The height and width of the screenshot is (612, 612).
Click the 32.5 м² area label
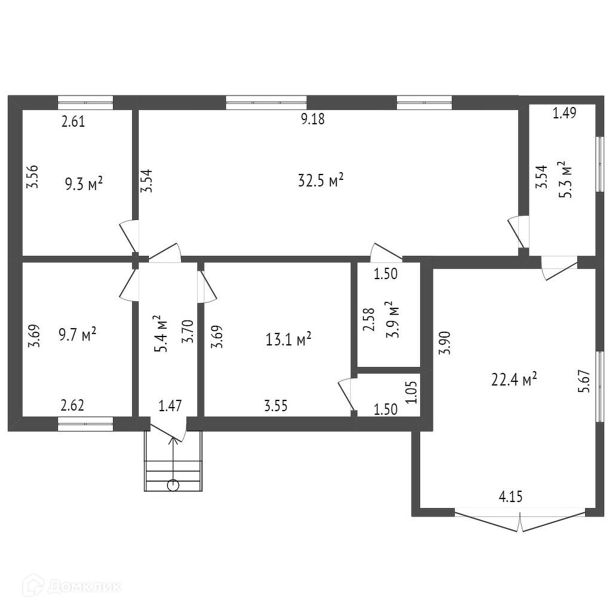(320, 180)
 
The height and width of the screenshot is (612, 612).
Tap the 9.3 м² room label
(84, 183)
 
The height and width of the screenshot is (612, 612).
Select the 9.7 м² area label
(77, 335)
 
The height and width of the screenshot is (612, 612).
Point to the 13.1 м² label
(289, 339)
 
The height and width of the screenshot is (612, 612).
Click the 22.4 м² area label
(514, 379)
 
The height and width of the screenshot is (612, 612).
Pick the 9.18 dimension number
(313, 119)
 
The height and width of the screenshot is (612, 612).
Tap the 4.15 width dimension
(510, 497)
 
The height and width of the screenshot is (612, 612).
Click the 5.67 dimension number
(585, 381)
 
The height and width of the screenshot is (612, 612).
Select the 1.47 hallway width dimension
(170, 406)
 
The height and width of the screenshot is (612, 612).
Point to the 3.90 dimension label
(445, 342)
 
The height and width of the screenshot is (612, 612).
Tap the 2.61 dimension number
(73, 122)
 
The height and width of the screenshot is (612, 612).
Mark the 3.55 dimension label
(276, 406)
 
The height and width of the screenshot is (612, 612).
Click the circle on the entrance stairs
(173, 485)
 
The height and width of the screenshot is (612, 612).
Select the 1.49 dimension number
(564, 113)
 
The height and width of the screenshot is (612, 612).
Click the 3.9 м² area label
(391, 319)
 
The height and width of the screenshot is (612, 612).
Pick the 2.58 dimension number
(368, 319)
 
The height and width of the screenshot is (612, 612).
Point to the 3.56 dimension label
(32, 177)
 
